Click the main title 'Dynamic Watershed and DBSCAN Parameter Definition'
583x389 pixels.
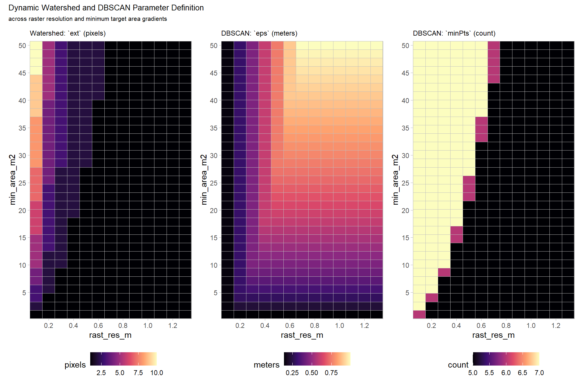106,8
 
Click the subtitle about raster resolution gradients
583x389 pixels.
88,19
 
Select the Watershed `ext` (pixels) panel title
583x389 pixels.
68,33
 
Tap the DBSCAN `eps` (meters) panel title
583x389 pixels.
259,33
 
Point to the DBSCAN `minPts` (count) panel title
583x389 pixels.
454,33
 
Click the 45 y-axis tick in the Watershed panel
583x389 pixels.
22,73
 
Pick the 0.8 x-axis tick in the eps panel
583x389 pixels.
315,326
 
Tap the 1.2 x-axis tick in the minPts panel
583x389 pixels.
556,326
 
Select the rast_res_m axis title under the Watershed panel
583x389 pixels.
110,335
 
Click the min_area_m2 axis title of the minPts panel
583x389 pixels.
395,180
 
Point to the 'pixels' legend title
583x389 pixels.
75,365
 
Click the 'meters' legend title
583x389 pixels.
266,365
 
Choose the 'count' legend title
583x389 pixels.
458,365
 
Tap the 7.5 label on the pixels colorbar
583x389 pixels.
138,373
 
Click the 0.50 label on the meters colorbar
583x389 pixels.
311,373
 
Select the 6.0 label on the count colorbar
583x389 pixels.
506,373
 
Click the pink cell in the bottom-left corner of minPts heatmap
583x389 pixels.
419,314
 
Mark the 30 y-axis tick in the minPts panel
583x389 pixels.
405,156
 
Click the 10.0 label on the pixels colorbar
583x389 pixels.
156,373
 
